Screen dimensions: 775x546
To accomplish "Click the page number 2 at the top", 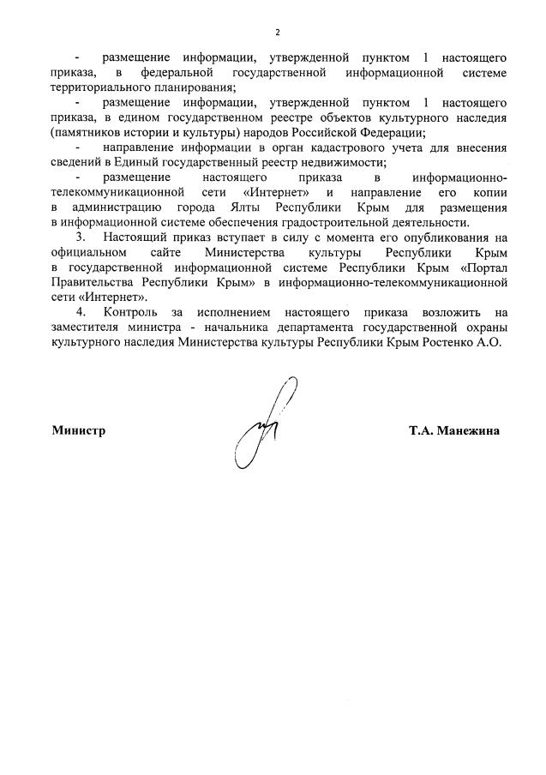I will click(x=277, y=33).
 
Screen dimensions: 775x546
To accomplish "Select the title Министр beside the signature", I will click(x=79, y=431).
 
